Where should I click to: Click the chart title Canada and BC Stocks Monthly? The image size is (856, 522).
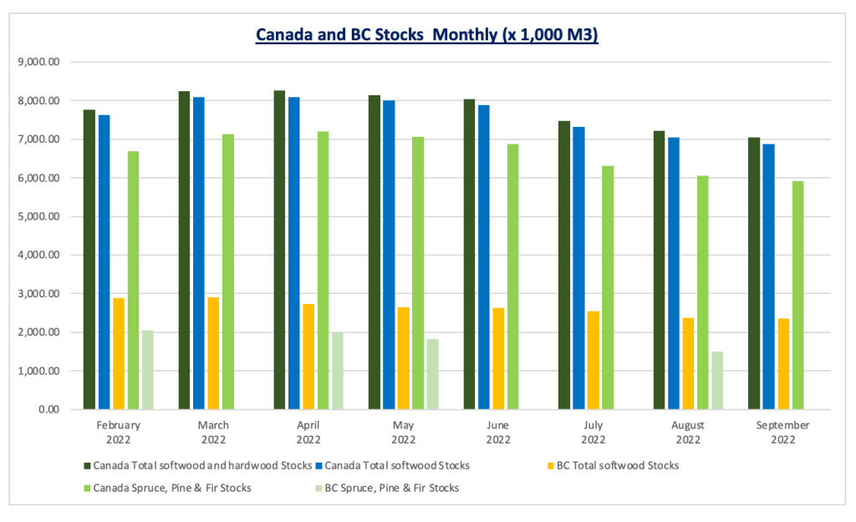tap(426, 36)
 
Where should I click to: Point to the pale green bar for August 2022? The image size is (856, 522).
tap(717, 381)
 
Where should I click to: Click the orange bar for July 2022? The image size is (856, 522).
tap(594, 360)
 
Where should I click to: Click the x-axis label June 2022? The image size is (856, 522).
tap(498, 432)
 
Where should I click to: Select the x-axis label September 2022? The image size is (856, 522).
tap(783, 432)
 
